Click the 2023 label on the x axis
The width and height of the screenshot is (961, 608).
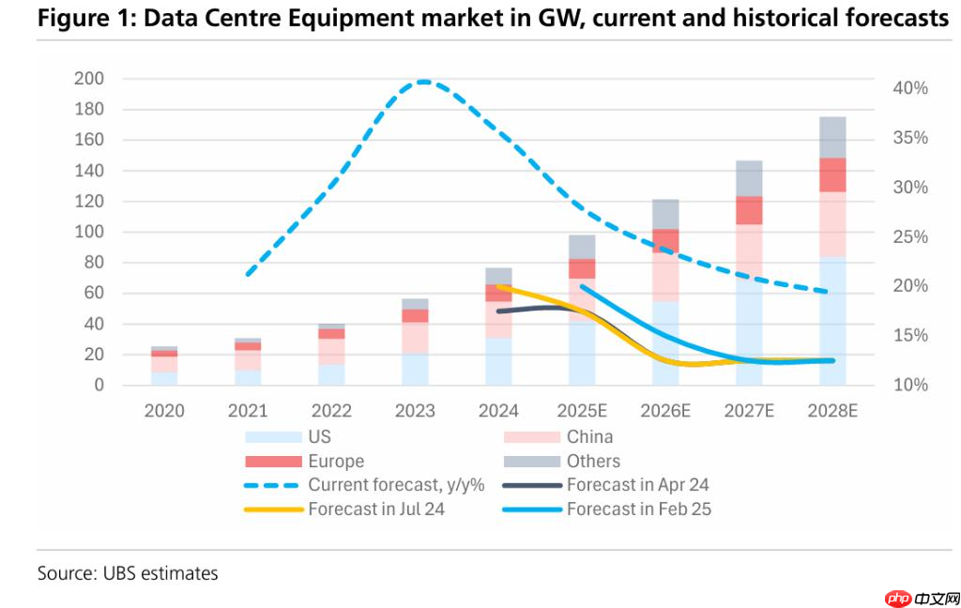[x=415, y=411]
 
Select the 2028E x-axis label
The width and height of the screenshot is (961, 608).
[x=831, y=411]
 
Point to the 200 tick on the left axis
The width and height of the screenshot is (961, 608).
[x=88, y=79]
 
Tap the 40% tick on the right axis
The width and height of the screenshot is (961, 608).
[x=909, y=88]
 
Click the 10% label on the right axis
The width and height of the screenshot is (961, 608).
[x=909, y=385]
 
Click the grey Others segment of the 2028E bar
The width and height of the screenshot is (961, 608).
[x=832, y=137]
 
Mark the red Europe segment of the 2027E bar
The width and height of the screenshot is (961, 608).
[x=749, y=210]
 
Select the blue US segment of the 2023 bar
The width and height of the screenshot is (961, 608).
[x=416, y=369]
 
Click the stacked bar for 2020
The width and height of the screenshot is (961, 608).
[x=164, y=366]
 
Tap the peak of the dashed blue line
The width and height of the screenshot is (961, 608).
[x=424, y=82]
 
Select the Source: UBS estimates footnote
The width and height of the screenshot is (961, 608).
[x=128, y=572]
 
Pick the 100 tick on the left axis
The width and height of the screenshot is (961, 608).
[x=88, y=232]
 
